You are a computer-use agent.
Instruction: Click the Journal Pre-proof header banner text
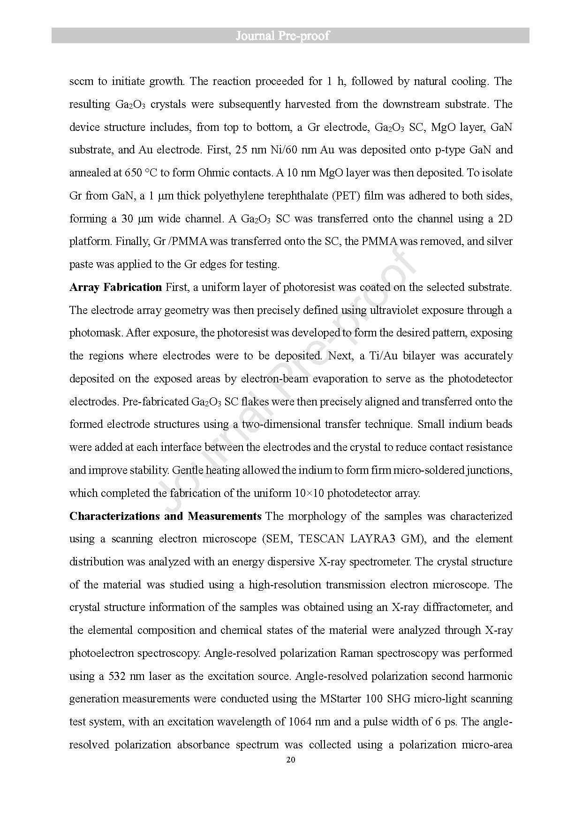click(282, 36)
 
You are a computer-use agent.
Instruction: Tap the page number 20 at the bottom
click(290, 760)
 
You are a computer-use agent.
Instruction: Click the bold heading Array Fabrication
click(115, 287)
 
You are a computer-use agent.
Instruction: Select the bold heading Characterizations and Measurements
click(165, 516)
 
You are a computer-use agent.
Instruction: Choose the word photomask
click(96, 333)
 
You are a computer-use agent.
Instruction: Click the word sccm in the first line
click(82, 81)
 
